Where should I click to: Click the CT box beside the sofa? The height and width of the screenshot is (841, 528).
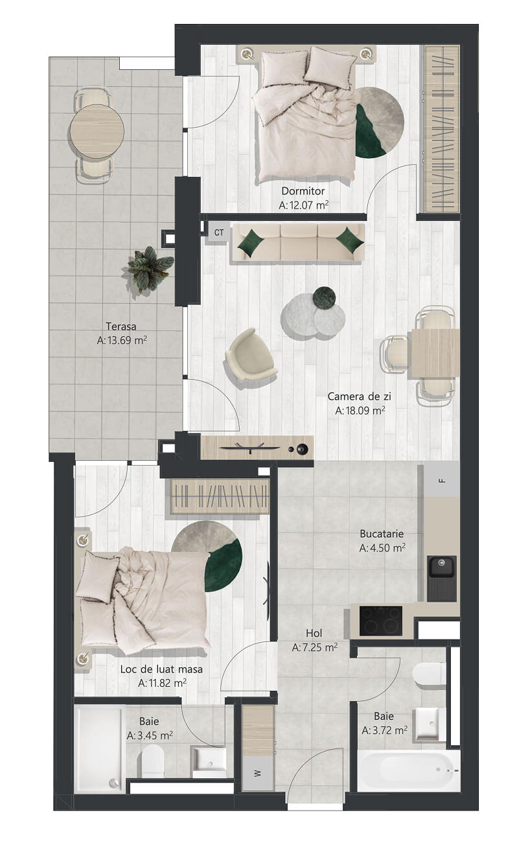click(218, 233)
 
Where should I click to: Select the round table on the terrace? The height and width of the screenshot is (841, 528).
click(96, 131)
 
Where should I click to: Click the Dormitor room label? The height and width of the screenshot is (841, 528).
click(303, 190)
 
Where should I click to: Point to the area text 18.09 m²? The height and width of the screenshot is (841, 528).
click(360, 410)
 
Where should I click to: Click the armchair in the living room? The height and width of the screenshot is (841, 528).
click(251, 354)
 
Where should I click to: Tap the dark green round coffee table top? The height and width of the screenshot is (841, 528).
click(325, 297)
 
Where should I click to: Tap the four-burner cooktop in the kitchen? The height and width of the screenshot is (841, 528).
click(381, 621)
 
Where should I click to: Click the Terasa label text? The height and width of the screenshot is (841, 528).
click(121, 326)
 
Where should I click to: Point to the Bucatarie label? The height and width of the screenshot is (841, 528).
click(382, 533)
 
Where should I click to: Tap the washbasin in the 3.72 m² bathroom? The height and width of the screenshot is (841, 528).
click(428, 724)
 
